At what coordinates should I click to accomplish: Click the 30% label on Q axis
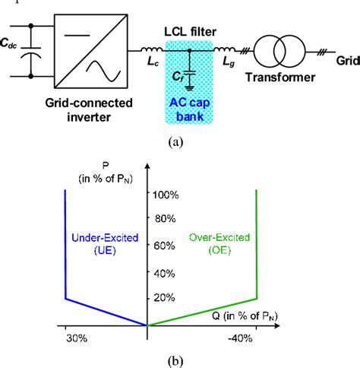point(67,340)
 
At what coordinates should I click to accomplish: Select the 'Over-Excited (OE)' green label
point(215,245)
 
